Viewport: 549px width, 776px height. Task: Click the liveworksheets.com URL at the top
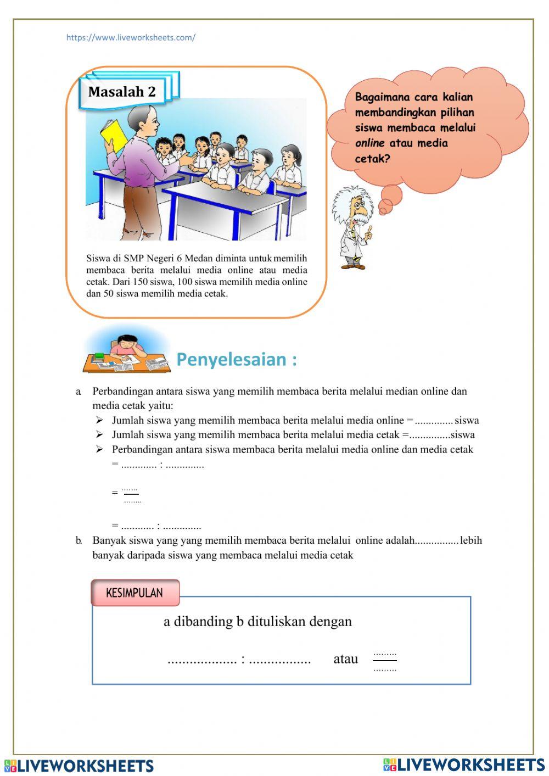131,38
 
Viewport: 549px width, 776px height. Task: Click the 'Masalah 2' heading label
122,92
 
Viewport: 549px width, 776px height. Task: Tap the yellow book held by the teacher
114,135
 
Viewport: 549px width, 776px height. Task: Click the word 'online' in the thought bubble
369,143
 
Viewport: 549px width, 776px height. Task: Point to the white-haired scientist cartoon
354,226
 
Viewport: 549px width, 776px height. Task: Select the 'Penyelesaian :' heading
237,360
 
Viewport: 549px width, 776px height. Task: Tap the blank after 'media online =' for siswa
434,421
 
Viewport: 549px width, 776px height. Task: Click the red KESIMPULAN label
135,593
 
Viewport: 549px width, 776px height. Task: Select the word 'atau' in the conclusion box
345,659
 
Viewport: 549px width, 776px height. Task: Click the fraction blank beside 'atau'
384,662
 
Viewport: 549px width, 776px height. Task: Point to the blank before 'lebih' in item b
437,541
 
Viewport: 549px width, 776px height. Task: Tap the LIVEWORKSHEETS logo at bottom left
79,766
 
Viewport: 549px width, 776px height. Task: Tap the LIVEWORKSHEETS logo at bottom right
464,764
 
